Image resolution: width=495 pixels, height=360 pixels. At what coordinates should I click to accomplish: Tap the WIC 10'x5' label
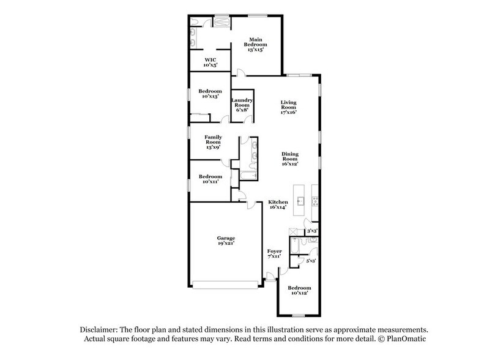point(210,61)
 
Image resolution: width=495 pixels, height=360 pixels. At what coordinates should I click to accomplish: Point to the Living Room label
point(289,107)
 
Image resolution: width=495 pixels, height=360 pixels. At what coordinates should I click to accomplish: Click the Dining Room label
point(290,159)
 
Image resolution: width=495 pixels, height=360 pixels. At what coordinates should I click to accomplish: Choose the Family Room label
point(213,141)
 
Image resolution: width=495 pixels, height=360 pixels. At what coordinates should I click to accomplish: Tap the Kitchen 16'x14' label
point(278,205)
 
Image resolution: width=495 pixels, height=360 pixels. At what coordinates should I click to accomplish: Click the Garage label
point(226,241)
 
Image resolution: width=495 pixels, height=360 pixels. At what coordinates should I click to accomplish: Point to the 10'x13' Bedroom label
point(210,94)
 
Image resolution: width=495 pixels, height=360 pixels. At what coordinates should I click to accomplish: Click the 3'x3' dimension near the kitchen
point(311,231)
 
